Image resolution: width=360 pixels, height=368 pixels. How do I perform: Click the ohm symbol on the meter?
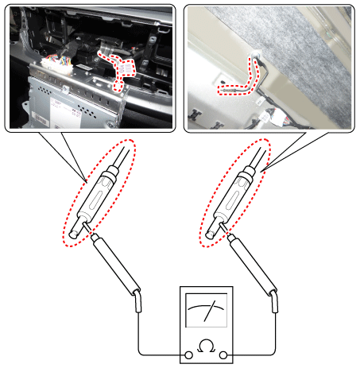click(x=207, y=346)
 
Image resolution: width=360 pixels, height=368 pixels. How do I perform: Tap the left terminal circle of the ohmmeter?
click(x=188, y=354)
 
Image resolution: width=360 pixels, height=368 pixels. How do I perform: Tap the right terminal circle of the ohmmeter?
click(x=223, y=354)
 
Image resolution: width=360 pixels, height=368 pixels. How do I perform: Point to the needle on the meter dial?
click(x=210, y=311)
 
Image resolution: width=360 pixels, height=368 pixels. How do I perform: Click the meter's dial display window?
click(x=207, y=310)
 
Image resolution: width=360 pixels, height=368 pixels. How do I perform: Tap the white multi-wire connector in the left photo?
click(x=56, y=65)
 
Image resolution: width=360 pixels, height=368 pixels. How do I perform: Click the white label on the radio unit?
click(x=65, y=113)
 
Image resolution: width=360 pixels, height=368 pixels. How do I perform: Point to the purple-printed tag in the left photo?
click(x=126, y=68)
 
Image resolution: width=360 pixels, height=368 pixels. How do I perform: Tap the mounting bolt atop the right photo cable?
click(x=256, y=55)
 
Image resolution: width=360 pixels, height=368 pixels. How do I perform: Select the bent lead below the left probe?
click(x=137, y=301)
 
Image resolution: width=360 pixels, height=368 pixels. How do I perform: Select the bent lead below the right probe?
click(x=274, y=301)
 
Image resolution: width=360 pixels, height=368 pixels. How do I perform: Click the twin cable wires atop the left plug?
click(x=122, y=158)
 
